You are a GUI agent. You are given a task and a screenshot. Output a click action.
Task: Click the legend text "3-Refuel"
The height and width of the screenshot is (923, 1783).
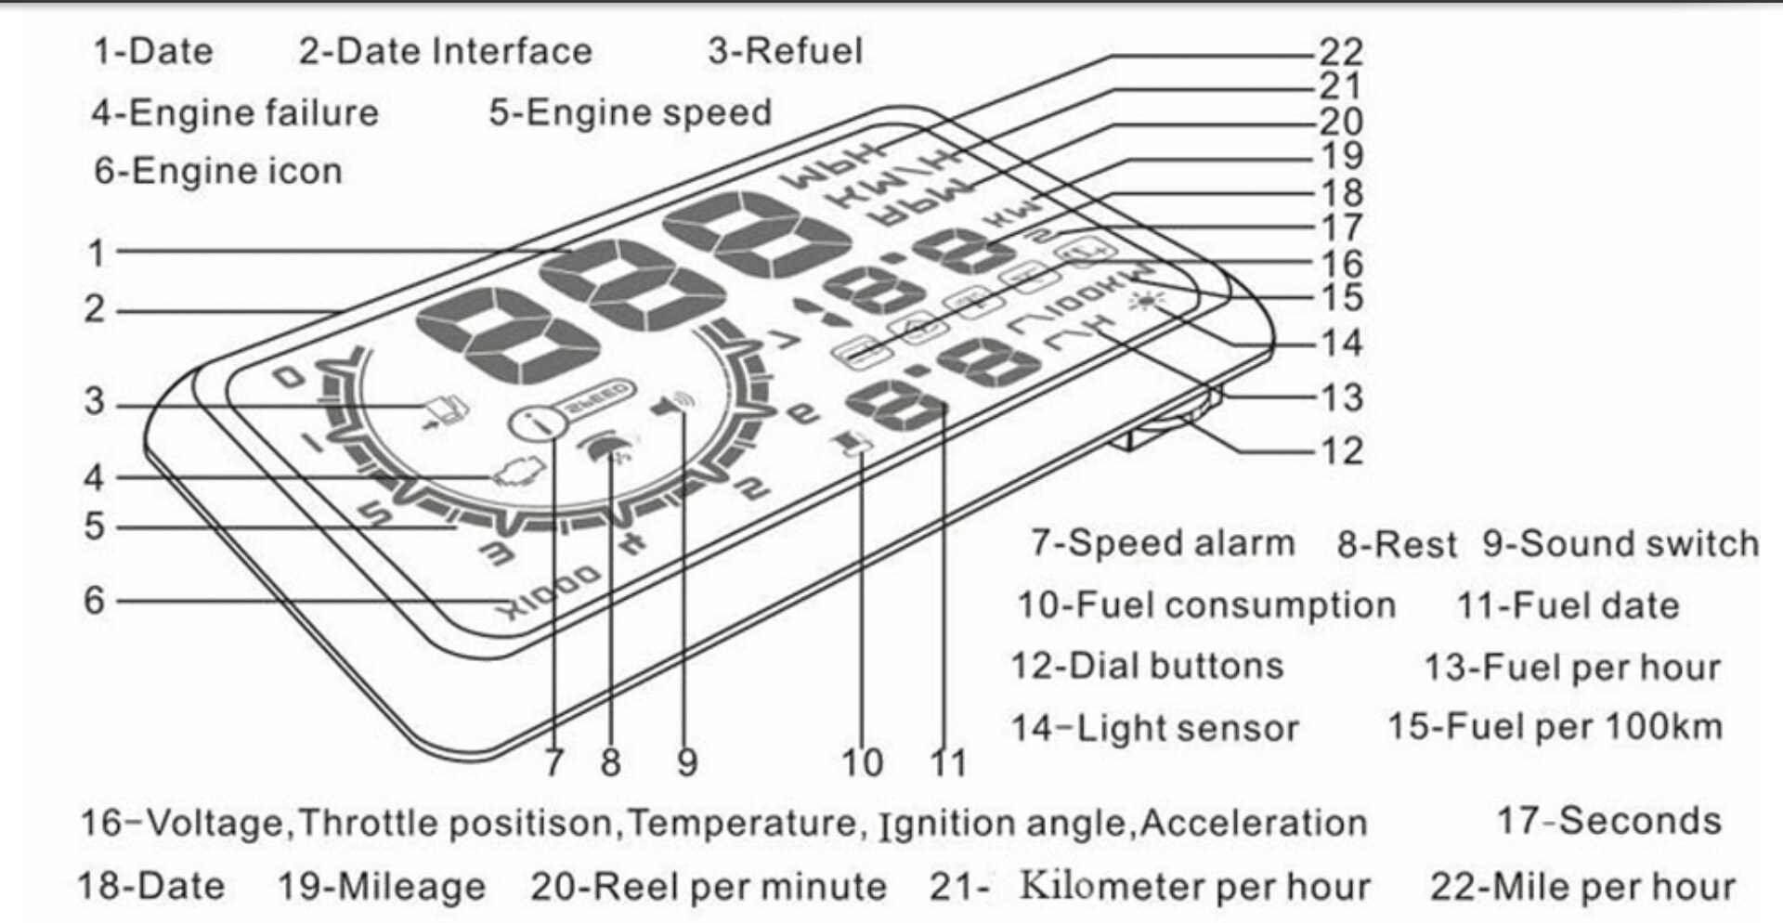coord(785,51)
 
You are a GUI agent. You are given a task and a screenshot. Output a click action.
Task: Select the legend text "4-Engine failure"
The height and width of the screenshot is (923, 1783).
coord(235,113)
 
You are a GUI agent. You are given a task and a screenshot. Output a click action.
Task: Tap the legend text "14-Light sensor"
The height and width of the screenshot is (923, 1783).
coord(1154,728)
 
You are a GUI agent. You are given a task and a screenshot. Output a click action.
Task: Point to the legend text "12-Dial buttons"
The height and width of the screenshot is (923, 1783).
coord(1147,666)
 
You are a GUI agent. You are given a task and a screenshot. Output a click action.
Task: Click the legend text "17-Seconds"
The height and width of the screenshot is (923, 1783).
coord(1608,821)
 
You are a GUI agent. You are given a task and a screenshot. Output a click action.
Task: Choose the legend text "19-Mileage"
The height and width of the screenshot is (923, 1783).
coord(382,886)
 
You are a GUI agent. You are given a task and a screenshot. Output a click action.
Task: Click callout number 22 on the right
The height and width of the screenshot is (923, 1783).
coord(1341,51)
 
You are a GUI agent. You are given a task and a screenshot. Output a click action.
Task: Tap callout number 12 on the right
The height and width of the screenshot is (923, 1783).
coord(1341,451)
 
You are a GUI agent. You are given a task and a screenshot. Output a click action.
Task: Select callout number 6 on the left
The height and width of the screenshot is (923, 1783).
coord(94,600)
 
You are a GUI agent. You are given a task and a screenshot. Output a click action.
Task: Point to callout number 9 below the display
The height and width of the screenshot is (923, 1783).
coord(686,762)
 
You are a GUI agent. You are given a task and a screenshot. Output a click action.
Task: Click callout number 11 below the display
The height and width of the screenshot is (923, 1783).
coord(948,762)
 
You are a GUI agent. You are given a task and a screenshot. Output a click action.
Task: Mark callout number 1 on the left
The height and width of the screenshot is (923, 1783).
coord(96,252)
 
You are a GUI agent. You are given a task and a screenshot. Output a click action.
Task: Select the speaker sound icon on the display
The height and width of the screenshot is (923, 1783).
coord(674,405)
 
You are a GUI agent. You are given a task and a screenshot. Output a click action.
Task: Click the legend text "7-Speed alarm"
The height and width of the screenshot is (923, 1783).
coord(1162,543)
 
